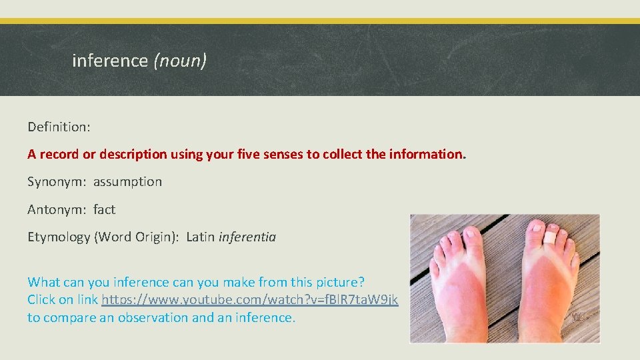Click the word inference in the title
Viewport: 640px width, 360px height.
(109, 61)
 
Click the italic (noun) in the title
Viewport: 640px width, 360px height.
(180, 61)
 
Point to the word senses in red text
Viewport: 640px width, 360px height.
(279, 154)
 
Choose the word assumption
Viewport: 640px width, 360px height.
(127, 181)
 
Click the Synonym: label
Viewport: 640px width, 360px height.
(57, 181)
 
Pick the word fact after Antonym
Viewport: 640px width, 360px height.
(104, 209)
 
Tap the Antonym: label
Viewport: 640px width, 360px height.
(56, 209)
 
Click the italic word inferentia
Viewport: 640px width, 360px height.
(247, 237)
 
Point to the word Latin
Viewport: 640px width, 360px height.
(201, 237)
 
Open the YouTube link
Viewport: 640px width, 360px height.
(250, 300)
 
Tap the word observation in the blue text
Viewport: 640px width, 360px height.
(153, 317)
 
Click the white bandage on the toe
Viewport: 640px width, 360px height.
(550, 237)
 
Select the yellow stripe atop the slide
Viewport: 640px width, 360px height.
(320, 21)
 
